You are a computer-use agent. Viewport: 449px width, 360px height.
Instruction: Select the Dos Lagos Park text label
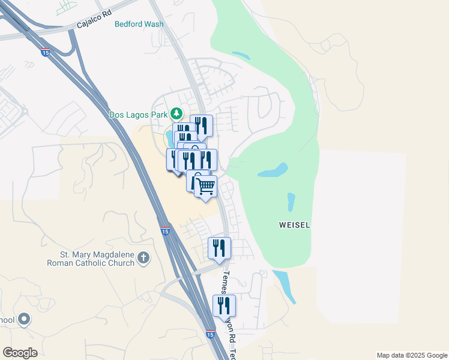click(x=138, y=114)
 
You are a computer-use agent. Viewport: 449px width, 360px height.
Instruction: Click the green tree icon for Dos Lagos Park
click(x=176, y=113)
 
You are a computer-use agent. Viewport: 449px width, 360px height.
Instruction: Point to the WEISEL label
click(x=295, y=226)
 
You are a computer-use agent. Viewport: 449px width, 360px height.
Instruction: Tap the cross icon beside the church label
click(x=143, y=258)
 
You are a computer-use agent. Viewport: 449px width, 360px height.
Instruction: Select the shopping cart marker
click(x=205, y=187)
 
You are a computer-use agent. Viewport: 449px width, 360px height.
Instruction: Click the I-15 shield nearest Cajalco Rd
click(x=46, y=53)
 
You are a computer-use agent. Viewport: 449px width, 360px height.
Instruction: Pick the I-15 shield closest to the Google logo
click(x=209, y=334)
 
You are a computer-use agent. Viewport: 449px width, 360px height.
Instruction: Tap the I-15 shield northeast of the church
click(x=165, y=230)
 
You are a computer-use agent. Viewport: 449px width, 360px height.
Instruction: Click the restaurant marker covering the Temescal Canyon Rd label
click(x=224, y=305)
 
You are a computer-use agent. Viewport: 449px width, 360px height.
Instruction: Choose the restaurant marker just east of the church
click(x=219, y=248)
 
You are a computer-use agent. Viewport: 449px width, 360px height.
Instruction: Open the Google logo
click(x=20, y=353)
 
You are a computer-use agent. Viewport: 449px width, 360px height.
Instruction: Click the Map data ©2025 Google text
click(x=412, y=355)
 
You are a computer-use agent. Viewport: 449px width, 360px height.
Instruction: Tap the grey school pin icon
click(x=24, y=319)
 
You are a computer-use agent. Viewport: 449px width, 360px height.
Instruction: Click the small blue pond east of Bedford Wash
click(x=241, y=56)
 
